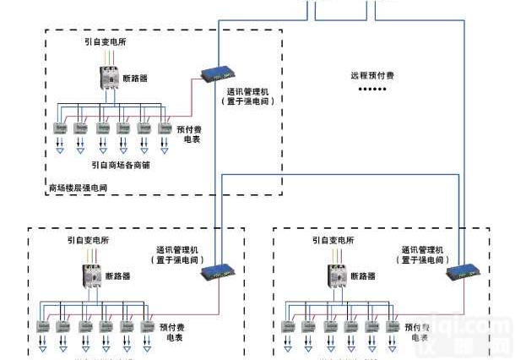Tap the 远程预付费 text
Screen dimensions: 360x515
372,75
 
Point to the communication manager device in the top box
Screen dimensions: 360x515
217,72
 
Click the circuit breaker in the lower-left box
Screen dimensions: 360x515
93,278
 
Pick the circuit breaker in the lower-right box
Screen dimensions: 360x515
338,278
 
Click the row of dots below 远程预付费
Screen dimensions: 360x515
370,89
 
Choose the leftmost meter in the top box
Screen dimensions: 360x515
61,128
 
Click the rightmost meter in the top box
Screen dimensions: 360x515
165,128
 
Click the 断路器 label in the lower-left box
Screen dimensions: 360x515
118,276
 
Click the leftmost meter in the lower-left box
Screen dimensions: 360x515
41,326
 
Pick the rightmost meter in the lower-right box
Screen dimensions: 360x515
391,326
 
